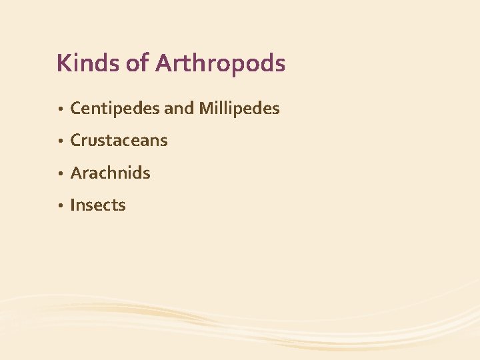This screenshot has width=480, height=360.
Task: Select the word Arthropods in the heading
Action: point(220,63)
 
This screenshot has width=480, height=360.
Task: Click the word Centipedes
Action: point(115,108)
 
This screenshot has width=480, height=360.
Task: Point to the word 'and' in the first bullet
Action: point(178,108)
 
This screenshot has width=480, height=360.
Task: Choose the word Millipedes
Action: point(239,108)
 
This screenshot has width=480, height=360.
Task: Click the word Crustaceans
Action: point(119,141)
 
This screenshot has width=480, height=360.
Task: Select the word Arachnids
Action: point(110,173)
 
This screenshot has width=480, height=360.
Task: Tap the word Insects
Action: point(97,205)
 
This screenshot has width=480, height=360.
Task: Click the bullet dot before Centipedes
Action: point(60,109)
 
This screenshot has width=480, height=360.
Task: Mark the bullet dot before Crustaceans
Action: point(60,141)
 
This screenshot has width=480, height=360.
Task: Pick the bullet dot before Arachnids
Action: point(60,174)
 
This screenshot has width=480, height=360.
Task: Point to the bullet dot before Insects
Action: point(60,206)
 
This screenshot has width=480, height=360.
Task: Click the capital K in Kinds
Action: point(63,63)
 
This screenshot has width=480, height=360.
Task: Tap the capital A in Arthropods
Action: point(163,63)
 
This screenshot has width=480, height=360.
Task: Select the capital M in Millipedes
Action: point(205,108)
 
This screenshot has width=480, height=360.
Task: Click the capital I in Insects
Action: point(72,205)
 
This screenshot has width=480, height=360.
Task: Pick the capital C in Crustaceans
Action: point(75,141)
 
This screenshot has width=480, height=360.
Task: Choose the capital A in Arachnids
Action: point(75,173)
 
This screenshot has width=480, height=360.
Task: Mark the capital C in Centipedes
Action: point(75,108)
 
